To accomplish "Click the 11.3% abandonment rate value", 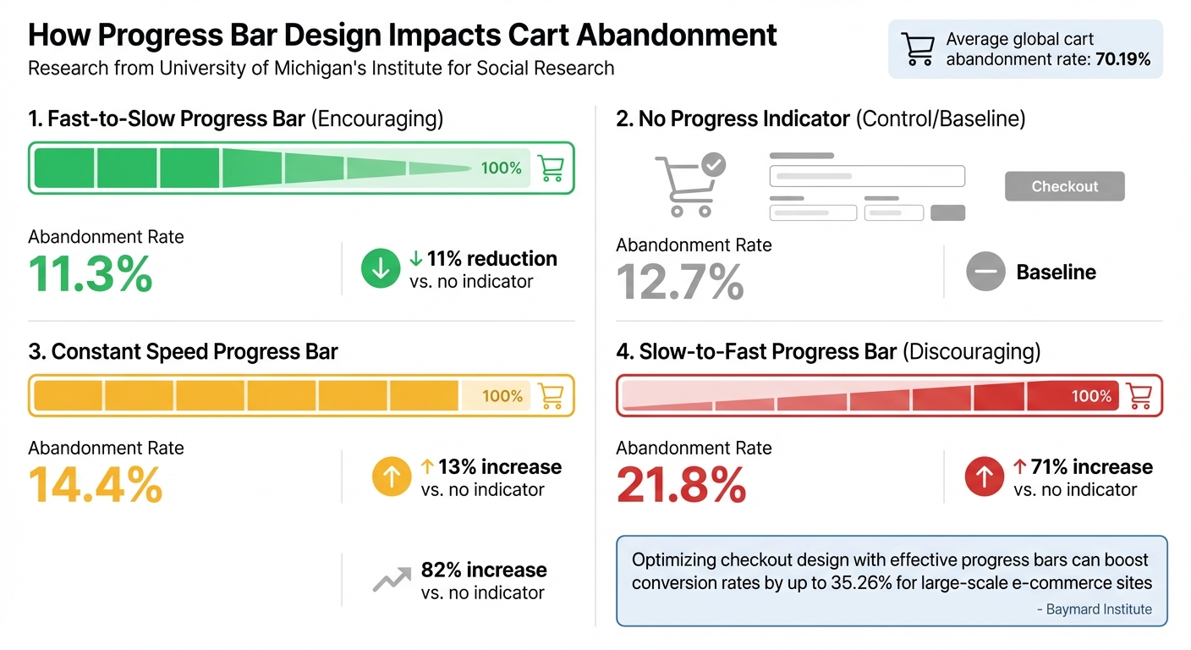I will [x=91, y=273].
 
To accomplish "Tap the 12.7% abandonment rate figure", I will [x=680, y=282].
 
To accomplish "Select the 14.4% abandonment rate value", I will [x=95, y=484].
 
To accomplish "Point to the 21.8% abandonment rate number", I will [x=681, y=485].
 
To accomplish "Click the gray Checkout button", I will [x=1064, y=186].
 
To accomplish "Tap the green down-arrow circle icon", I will [x=381, y=269].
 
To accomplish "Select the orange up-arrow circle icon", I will [x=392, y=477].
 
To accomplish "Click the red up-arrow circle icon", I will [x=985, y=477].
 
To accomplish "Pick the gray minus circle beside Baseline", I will [x=985, y=273].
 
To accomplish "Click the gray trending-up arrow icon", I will [x=391, y=581].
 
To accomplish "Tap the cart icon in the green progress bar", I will [x=551, y=168].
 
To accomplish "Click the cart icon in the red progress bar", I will [x=1139, y=396].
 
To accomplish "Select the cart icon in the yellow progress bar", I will [x=551, y=396].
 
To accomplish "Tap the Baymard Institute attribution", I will [x=1098, y=609].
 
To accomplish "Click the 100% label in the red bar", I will [x=1091, y=396].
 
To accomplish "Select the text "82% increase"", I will [x=484, y=570].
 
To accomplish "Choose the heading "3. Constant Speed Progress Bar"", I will [x=183, y=352].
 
